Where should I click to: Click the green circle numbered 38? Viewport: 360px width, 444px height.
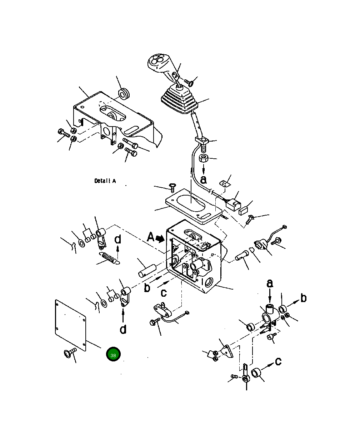tap(113, 354)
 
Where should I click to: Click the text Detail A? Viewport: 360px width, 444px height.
tap(105, 181)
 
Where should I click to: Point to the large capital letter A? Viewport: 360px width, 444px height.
tap(151, 237)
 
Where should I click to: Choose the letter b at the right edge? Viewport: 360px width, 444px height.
tap(303, 298)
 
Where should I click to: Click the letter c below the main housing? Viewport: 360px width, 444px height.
tap(164, 293)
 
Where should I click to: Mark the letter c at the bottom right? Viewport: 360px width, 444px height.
tap(278, 361)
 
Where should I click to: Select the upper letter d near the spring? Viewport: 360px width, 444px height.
tap(118, 240)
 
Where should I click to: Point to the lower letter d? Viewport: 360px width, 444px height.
tap(123, 329)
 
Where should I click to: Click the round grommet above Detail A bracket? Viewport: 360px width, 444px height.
tap(124, 94)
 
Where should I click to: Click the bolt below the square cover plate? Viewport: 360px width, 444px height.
tap(69, 353)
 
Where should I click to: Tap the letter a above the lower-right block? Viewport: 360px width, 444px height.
tap(270, 284)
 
